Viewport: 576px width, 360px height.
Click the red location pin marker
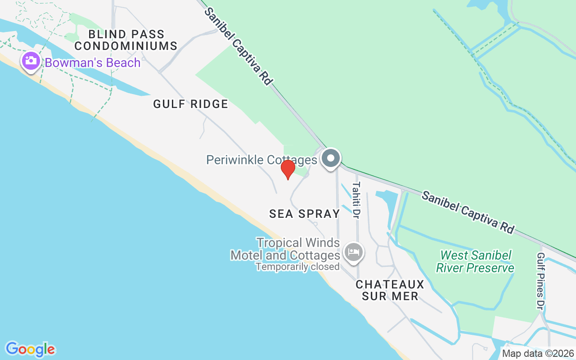coord(288,169)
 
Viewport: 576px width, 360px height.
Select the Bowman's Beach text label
coord(93,63)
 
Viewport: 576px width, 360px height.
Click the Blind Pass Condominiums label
coord(126,40)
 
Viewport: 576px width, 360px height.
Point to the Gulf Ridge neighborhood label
coord(191,104)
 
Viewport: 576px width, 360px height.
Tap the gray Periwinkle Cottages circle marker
coord(331,158)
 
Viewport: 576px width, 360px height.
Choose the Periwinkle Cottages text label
coord(262,160)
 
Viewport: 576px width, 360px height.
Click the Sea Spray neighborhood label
coord(305,214)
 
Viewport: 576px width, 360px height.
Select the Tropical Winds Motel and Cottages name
coord(285,249)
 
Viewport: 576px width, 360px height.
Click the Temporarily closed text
coord(297,267)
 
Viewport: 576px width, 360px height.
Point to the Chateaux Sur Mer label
coord(390,290)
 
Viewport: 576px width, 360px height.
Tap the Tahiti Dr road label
coord(356,200)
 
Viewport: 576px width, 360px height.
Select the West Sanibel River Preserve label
coord(475,262)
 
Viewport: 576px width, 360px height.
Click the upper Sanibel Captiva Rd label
coord(238,45)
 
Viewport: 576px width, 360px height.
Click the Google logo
coord(30,349)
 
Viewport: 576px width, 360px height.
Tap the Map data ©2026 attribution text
coord(538,353)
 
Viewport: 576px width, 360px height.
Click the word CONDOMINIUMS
coord(126,46)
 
